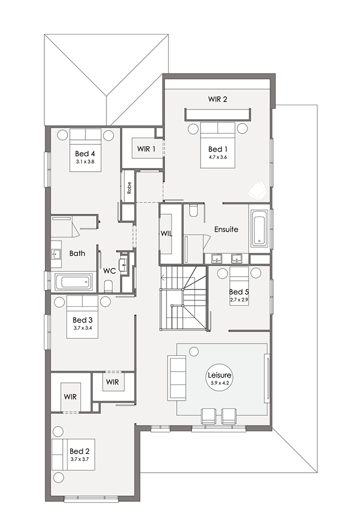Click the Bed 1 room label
pyautogui.click(x=215, y=149)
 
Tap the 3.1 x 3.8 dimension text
pyautogui.click(x=85, y=161)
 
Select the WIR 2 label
pyautogui.click(x=217, y=99)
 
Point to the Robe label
pyautogui.click(x=129, y=188)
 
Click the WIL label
pyautogui.click(x=166, y=234)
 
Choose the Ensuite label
pyautogui.click(x=226, y=230)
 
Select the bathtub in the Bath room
pyautogui.click(x=74, y=282)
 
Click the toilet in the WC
pyautogui.click(x=109, y=286)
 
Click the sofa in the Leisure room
pyautogui.click(x=177, y=378)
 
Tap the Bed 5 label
pyautogui.click(x=239, y=292)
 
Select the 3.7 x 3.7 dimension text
pyautogui.click(x=80, y=459)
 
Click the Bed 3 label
pyautogui.click(x=83, y=320)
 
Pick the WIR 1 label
pyautogui.click(x=146, y=149)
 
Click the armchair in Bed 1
pyautogui.click(x=257, y=190)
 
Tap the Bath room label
pyautogui.click(x=77, y=253)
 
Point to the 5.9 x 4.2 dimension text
pyautogui.click(x=219, y=382)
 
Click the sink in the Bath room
pyautogui.click(x=56, y=254)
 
